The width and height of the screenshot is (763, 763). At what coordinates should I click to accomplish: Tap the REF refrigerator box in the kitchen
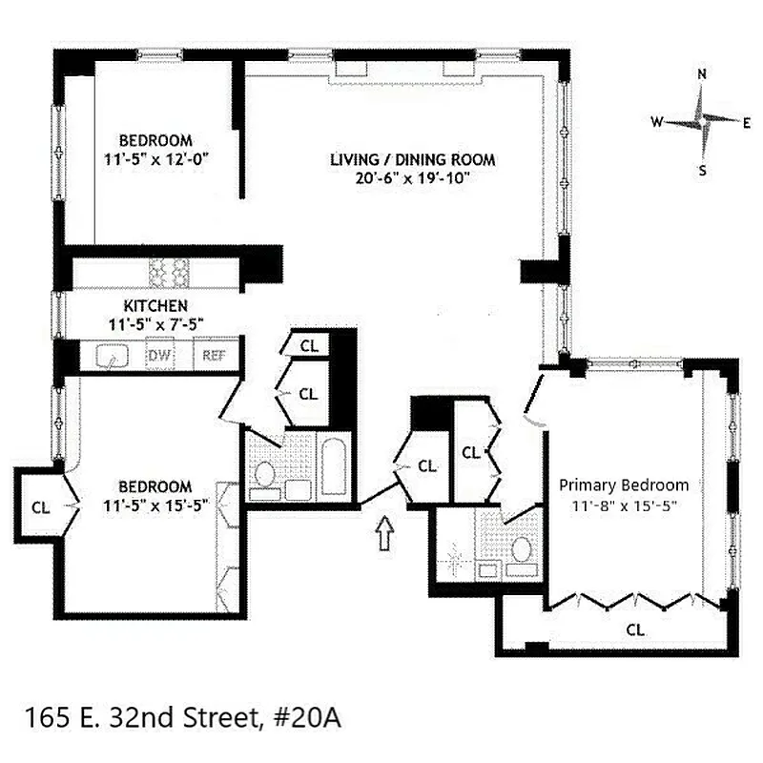tap(211, 357)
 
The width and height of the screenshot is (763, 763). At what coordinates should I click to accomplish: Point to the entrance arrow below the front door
tap(385, 532)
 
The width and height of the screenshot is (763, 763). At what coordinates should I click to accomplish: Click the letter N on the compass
tap(702, 74)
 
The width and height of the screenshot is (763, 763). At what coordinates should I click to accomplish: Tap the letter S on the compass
tap(703, 172)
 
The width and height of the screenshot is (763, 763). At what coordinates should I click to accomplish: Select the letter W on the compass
tap(657, 122)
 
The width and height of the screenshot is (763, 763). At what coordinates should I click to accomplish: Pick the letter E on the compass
tap(747, 122)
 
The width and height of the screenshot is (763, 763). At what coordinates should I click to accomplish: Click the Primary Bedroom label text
tap(624, 485)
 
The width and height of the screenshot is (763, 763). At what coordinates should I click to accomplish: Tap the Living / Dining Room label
tap(413, 159)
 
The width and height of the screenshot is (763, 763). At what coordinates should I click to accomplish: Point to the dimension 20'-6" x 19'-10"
tap(413, 178)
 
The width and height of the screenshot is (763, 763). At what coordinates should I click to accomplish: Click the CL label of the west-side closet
tap(40, 505)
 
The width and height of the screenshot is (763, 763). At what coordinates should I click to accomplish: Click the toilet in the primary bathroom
tap(522, 550)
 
